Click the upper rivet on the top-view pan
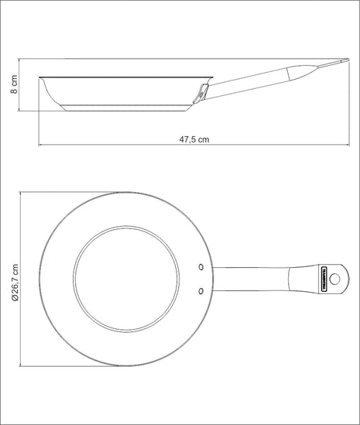pyautogui.click(x=201, y=267)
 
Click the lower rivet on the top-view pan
pyautogui.click(x=201, y=291)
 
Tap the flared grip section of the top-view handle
pyautogui.click(x=302, y=279)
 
